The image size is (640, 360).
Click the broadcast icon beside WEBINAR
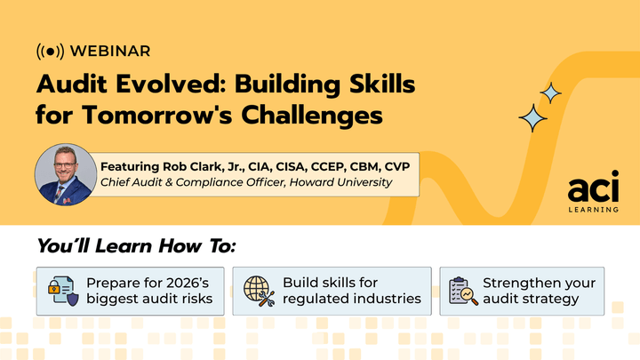pos(49,51)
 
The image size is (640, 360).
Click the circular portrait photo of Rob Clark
pos(65,175)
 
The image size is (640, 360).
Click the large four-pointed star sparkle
pos(532,117)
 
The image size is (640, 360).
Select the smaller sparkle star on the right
pos(551,92)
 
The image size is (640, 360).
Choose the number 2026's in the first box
pos(184,283)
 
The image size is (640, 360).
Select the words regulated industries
pos(351,299)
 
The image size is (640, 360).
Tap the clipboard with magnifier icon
pos(462,291)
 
